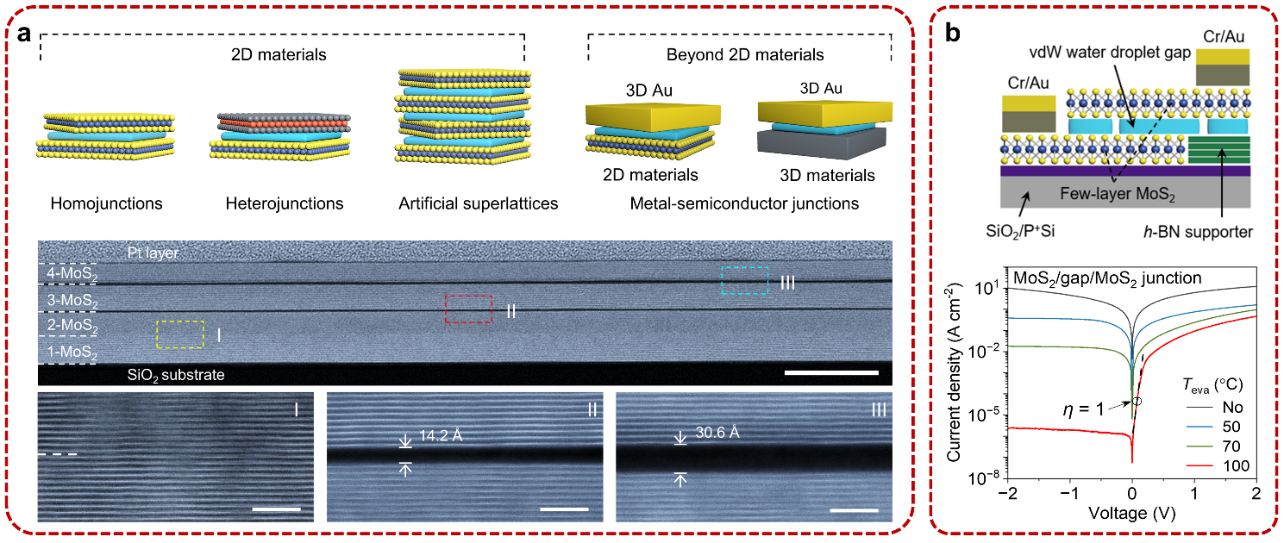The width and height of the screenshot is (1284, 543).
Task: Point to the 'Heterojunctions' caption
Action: coord(285,204)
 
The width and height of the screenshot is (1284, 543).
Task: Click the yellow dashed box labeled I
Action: coord(180,334)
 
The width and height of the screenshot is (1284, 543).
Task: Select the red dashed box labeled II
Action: coord(468,309)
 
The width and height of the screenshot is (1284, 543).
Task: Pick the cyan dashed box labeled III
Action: coord(744,280)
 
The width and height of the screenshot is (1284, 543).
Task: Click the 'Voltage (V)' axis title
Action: coord(1132,515)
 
